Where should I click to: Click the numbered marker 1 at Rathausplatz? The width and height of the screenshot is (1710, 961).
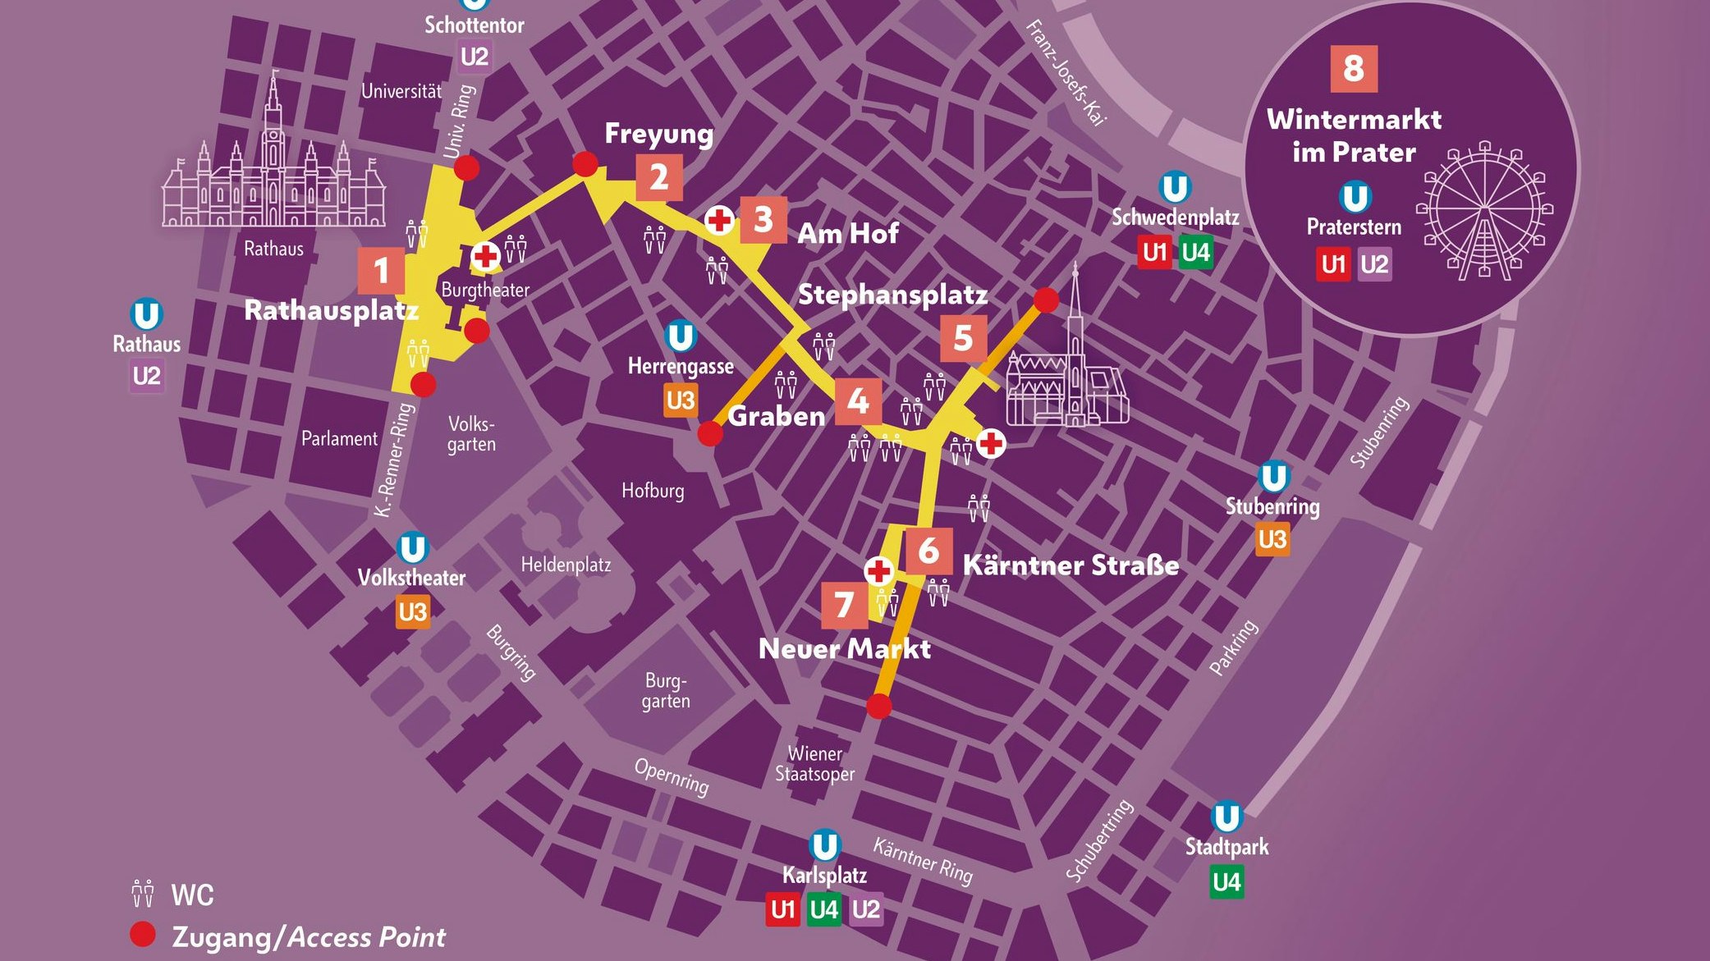pyautogui.click(x=381, y=271)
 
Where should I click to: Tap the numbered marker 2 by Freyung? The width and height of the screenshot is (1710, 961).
pyautogui.click(x=658, y=178)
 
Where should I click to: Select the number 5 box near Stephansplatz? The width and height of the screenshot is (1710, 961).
pyautogui.click(x=963, y=338)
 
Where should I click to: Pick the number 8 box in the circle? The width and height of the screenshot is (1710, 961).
pyautogui.click(x=1353, y=69)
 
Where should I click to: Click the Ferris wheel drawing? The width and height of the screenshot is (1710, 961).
pyautogui.click(x=1484, y=211)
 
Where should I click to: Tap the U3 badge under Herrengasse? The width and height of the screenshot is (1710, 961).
pyautogui.click(x=681, y=400)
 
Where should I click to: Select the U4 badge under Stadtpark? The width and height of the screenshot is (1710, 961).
pyautogui.click(x=1226, y=882)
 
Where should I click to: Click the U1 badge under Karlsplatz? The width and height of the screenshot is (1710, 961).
pyautogui.click(x=783, y=909)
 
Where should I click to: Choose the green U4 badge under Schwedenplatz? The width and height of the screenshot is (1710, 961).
pyautogui.click(x=1195, y=252)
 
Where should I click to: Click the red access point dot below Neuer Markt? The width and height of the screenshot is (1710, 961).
pyautogui.click(x=878, y=706)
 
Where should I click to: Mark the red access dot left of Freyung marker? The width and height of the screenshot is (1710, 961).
pyautogui.click(x=585, y=164)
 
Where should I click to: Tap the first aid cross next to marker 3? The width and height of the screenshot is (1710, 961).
pyautogui.click(x=720, y=220)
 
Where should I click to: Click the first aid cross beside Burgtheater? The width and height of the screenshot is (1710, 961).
pyautogui.click(x=485, y=257)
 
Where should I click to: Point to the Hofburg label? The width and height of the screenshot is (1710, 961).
pyautogui.click(x=653, y=491)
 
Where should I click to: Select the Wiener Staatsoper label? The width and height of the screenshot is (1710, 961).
pyautogui.click(x=814, y=763)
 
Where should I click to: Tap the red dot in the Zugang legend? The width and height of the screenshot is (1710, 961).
pyautogui.click(x=143, y=935)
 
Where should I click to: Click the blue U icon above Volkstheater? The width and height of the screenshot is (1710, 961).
pyautogui.click(x=412, y=548)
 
